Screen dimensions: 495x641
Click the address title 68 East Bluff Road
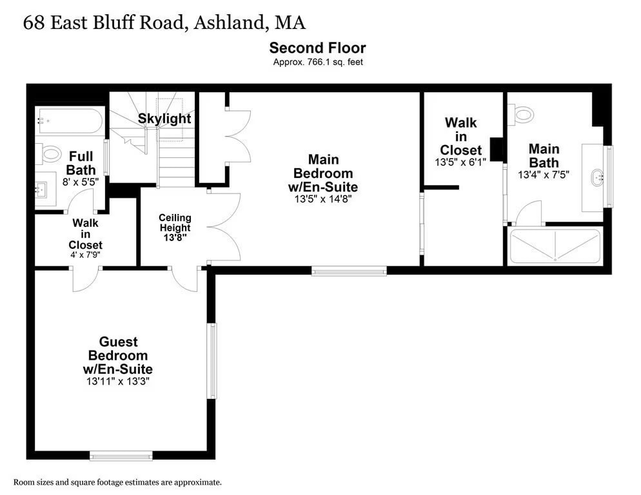[x=164, y=23]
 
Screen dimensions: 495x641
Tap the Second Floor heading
[x=317, y=48]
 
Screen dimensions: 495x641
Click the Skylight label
[x=164, y=119]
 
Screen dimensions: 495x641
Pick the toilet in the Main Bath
[x=523, y=115]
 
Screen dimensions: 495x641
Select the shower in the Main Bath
[x=555, y=246]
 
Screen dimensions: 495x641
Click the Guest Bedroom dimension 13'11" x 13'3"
[x=117, y=381]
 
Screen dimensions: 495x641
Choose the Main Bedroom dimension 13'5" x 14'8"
[x=325, y=199]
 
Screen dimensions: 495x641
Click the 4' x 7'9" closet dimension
[x=85, y=255]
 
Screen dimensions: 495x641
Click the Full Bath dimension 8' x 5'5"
[x=80, y=181]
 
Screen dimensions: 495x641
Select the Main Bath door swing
[x=530, y=213]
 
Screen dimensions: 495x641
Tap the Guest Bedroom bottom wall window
[x=121, y=457]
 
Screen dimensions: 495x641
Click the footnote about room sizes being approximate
[x=117, y=482]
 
